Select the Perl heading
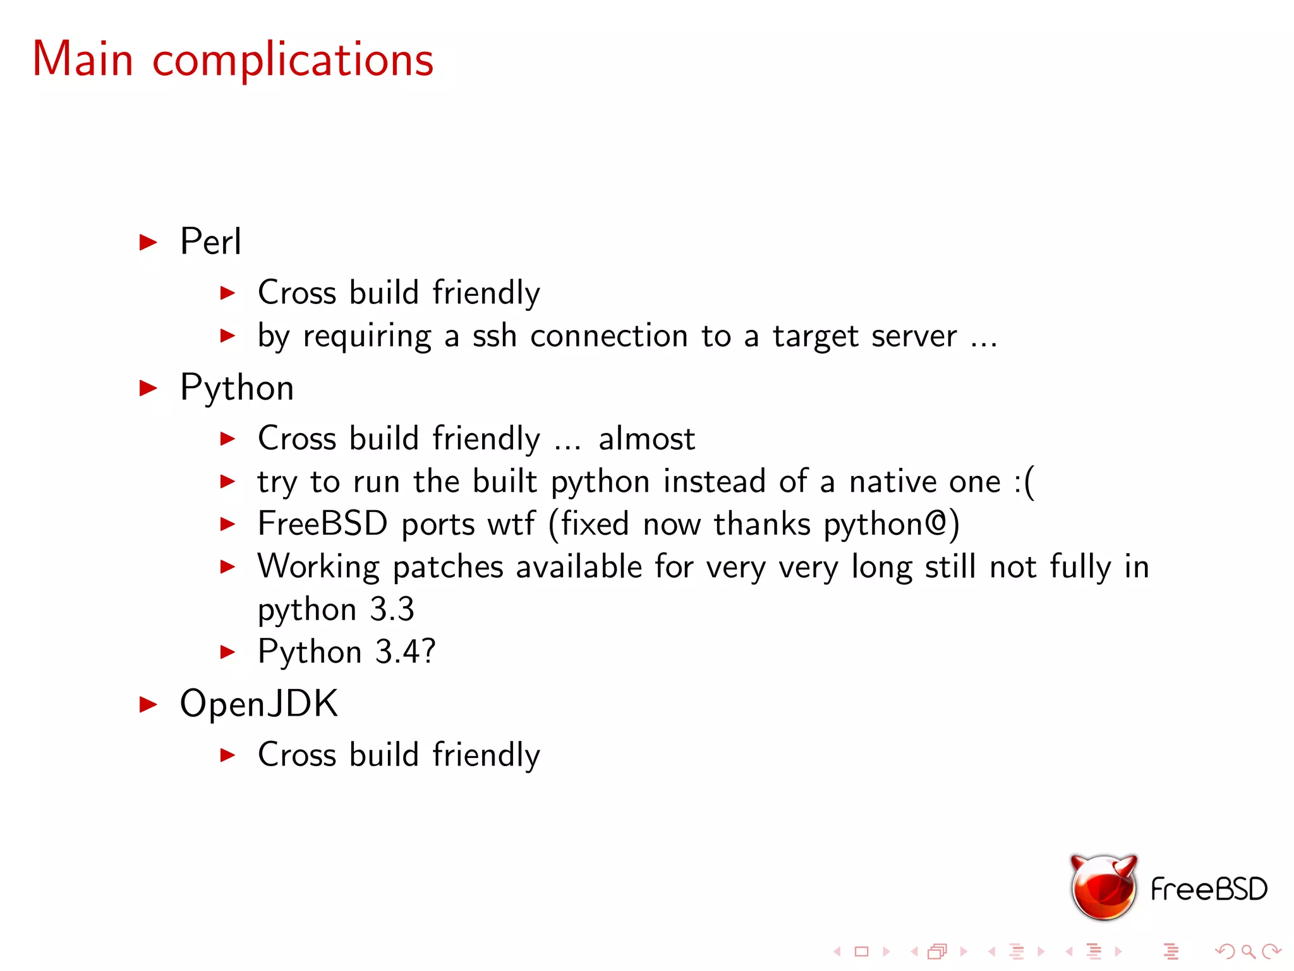210,241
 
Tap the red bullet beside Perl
148,242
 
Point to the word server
914,336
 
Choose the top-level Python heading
237,388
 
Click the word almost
646,439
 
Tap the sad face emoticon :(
1024,482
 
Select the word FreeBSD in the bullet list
322,524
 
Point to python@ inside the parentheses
885,525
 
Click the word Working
318,567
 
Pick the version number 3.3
392,609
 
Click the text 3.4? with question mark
405,652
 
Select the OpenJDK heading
259,704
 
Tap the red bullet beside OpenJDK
148,704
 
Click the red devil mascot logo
1103,887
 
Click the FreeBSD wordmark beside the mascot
1209,889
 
